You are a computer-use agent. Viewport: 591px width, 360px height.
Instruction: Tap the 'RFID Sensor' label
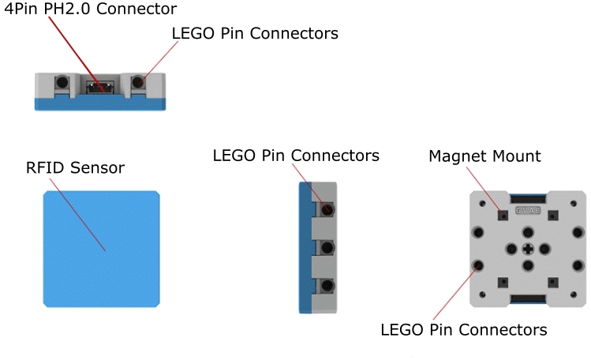pyautogui.click(x=75, y=168)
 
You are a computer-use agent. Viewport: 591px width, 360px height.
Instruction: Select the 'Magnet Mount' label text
pyautogui.click(x=484, y=156)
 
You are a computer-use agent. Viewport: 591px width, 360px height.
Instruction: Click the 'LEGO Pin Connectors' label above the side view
pyautogui.click(x=296, y=156)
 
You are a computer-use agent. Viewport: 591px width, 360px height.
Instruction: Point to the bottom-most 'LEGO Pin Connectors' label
pyautogui.click(x=463, y=328)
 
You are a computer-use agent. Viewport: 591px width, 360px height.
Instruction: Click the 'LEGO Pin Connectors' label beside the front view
pyautogui.click(x=255, y=33)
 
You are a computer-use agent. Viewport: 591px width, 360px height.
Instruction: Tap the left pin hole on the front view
pyautogui.click(x=61, y=81)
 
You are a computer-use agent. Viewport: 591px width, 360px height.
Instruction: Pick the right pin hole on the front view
pyautogui.click(x=140, y=81)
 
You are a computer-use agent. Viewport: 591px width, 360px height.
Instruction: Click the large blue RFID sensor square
pyautogui.click(x=102, y=249)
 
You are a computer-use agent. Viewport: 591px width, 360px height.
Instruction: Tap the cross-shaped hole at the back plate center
pyautogui.click(x=527, y=249)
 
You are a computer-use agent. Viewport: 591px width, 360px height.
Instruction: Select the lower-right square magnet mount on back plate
pyautogui.click(x=555, y=282)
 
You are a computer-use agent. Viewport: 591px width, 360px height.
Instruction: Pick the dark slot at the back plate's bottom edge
pyautogui.click(x=527, y=298)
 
